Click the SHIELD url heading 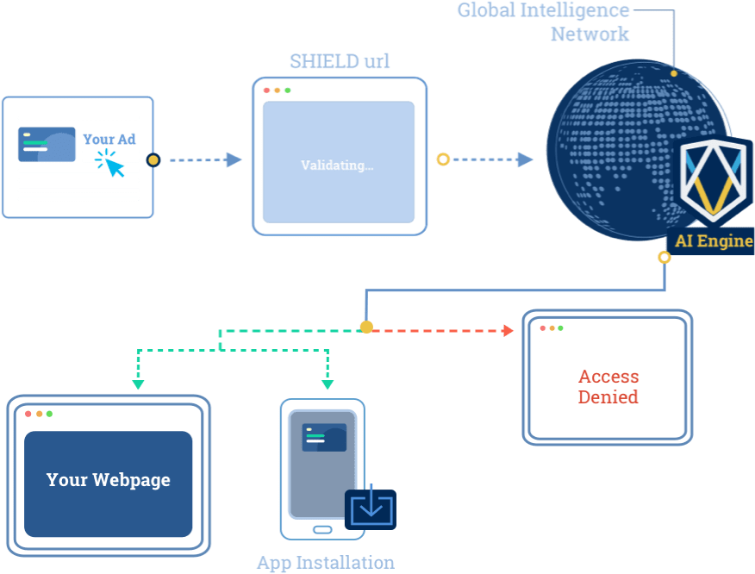point(339,61)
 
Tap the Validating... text point(337,165)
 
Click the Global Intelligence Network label point(544,22)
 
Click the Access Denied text point(608,387)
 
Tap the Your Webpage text point(109,480)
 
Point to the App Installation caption point(325,563)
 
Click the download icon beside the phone point(371,508)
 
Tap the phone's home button point(321,529)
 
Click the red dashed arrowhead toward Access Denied point(508,329)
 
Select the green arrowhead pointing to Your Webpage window point(138,384)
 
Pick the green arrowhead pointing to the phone point(328,384)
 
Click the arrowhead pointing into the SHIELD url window point(234,159)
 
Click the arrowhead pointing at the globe point(525,159)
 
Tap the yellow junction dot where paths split point(366,328)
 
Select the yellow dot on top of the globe point(674,73)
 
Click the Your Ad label point(109,140)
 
